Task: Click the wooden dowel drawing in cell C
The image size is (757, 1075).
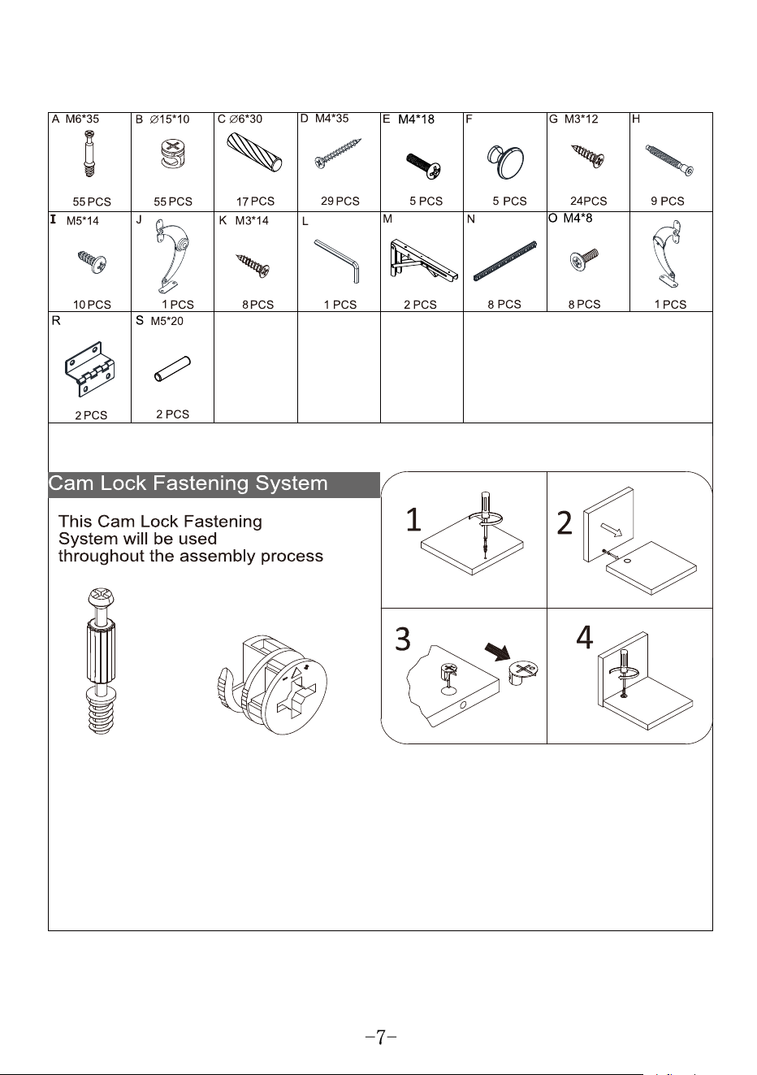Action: coord(254,152)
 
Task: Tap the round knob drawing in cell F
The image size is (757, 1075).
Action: coord(506,161)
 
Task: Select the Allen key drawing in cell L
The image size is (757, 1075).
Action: coord(337,260)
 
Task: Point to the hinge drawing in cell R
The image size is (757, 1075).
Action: coord(89,369)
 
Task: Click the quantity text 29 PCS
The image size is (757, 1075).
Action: coord(340,201)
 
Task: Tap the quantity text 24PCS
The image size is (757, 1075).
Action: coord(588,201)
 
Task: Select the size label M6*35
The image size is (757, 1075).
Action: coord(82,119)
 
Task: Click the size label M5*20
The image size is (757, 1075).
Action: coord(167,321)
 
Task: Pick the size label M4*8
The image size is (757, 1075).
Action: coord(577,219)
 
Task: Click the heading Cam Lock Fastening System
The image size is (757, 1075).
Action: coord(188,483)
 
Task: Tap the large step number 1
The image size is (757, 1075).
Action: coord(413,519)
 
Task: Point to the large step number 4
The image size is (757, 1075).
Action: coord(584,637)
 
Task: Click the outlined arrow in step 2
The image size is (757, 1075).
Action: coord(611,529)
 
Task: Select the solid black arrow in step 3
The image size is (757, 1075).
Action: coord(497,652)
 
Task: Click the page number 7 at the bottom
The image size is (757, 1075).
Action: coord(380,1037)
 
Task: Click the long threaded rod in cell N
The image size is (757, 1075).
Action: coord(504,261)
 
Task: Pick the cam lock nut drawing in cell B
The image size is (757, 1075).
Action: coord(173,154)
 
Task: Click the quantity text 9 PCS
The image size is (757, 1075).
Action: coord(668,201)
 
